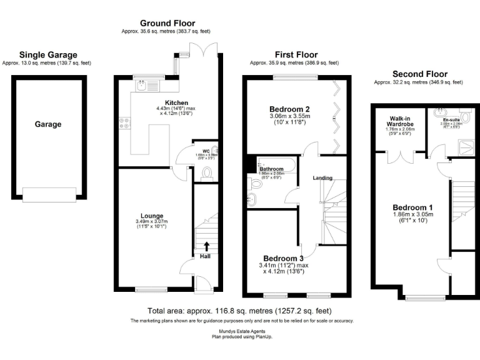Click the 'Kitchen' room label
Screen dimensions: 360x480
click(x=176, y=102)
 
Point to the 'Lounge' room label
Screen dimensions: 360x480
click(x=152, y=216)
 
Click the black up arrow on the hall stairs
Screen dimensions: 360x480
click(x=207, y=246)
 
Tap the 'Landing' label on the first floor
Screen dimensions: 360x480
click(x=322, y=178)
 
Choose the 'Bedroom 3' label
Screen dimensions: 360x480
click(x=283, y=258)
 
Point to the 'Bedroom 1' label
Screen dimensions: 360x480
click(x=412, y=207)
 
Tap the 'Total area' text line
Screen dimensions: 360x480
click(x=239, y=311)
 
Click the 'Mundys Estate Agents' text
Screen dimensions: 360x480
click(x=239, y=331)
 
